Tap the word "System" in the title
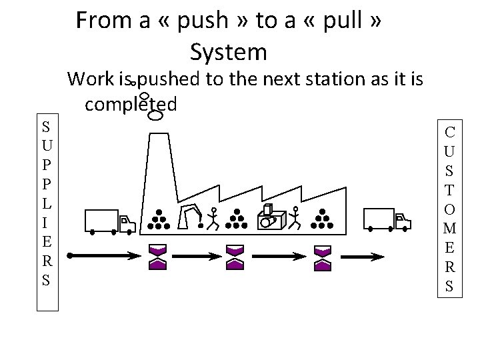click(x=228, y=51)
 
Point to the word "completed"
click(x=131, y=104)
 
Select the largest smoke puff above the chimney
click(x=155, y=116)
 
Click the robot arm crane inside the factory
click(x=193, y=216)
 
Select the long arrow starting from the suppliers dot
click(x=103, y=255)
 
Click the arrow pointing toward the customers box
click(x=363, y=256)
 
